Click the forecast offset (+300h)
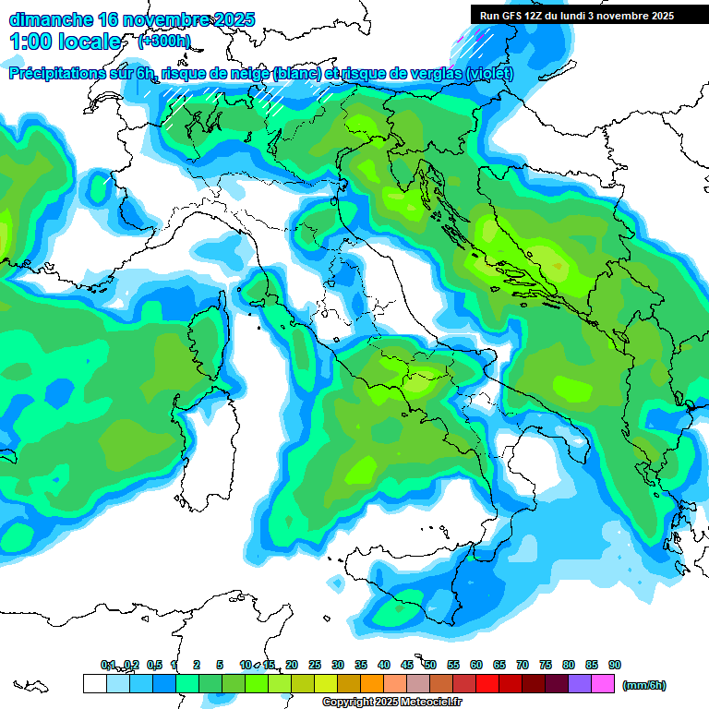[x=164, y=42]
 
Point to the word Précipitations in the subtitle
[x=60, y=74]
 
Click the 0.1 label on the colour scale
[x=108, y=665]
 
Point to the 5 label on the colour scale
[x=220, y=665]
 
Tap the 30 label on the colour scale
[x=338, y=665]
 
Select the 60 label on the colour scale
[x=476, y=665]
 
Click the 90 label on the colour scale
[x=615, y=665]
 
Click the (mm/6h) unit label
[x=644, y=685]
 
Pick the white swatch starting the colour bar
[x=94, y=683]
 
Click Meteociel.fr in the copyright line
[x=432, y=703]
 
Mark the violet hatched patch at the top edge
[x=472, y=37]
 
